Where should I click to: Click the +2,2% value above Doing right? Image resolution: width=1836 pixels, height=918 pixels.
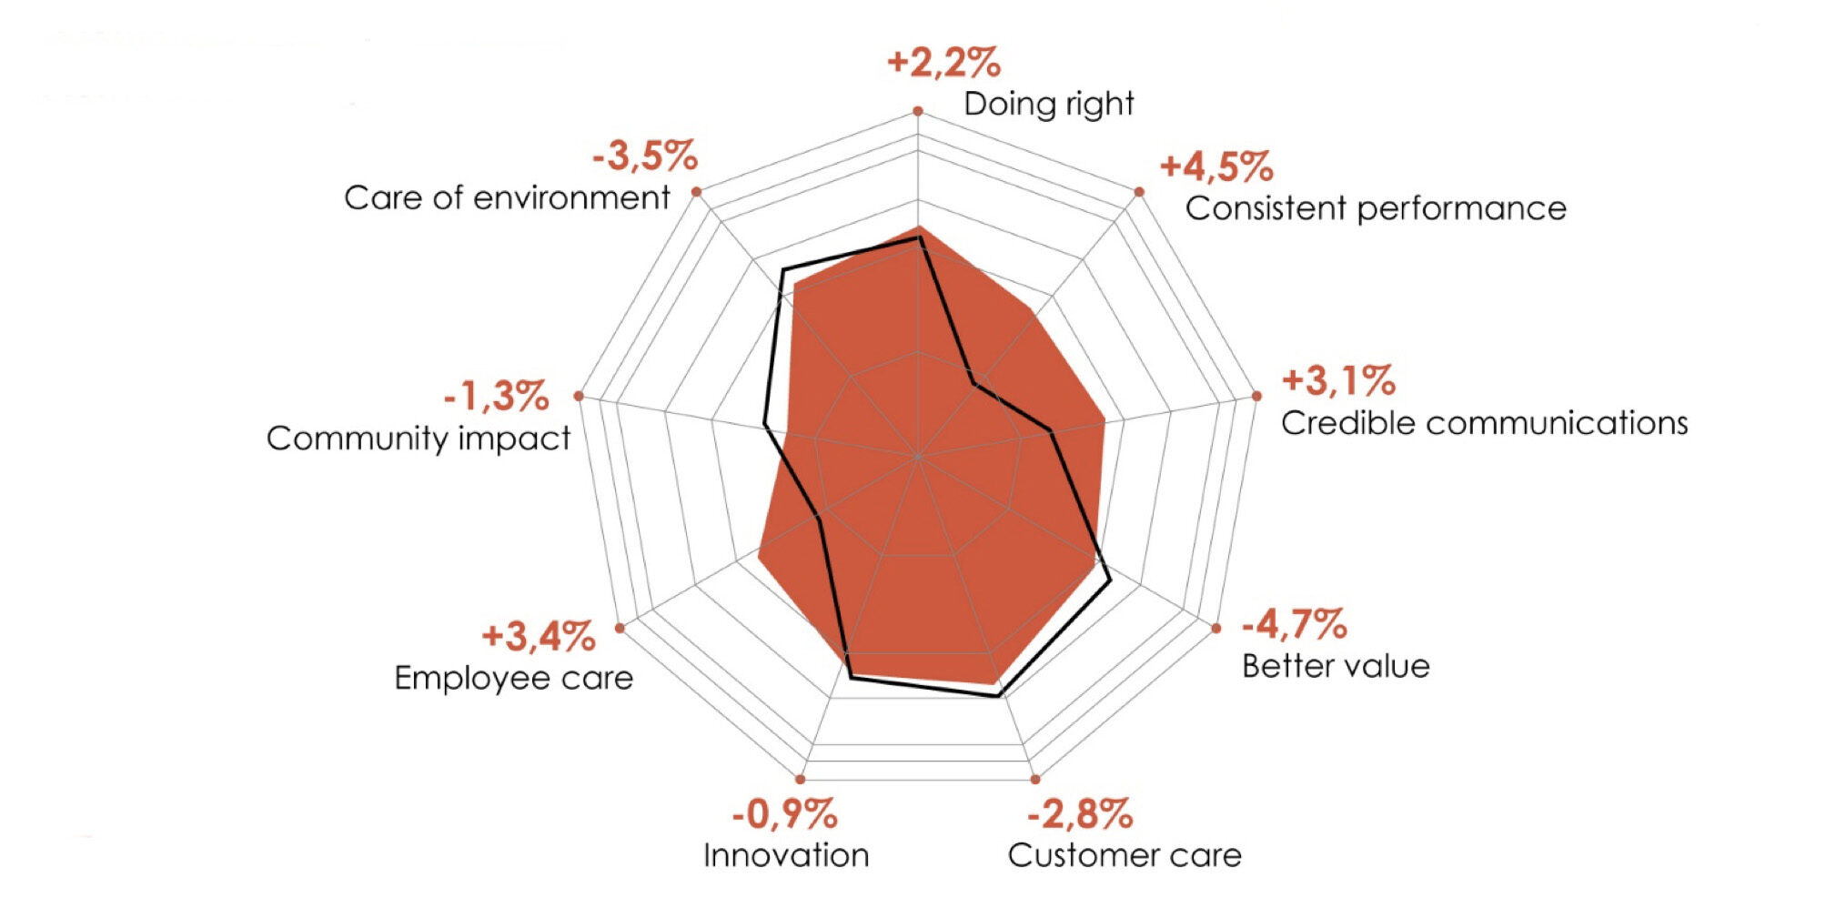tap(943, 63)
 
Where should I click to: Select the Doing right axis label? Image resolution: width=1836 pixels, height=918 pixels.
tap(1048, 104)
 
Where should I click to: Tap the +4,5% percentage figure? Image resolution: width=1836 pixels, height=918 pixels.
tap(1216, 166)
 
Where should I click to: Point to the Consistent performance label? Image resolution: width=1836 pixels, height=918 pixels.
tap(1375, 208)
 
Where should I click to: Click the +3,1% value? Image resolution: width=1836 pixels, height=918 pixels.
tap(1338, 380)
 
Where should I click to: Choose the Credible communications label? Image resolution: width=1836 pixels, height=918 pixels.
tap(1484, 423)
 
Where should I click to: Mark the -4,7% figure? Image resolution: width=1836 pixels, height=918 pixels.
tap(1294, 624)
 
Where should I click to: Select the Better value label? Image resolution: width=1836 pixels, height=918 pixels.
tap(1336, 666)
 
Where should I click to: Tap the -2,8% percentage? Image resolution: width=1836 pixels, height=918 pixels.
tap(1080, 813)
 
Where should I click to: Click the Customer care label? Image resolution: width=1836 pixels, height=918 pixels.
tap(1125, 855)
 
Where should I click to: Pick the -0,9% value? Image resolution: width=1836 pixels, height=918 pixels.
tap(784, 813)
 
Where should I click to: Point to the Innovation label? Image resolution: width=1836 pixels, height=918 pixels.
tap(786, 855)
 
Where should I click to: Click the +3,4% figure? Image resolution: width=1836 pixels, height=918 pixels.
tap(539, 636)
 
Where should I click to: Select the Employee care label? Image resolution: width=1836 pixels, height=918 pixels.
tap(513, 678)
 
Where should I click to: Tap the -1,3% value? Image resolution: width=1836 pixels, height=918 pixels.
tap(497, 397)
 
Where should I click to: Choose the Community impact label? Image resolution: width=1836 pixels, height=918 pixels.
tap(419, 439)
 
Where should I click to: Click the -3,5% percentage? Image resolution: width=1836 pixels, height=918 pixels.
tap(645, 156)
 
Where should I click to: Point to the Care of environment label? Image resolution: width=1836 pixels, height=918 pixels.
tap(507, 197)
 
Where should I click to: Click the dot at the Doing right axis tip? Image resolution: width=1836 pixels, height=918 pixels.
tap(918, 111)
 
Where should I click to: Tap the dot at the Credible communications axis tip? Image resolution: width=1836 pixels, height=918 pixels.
tap(1256, 396)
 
